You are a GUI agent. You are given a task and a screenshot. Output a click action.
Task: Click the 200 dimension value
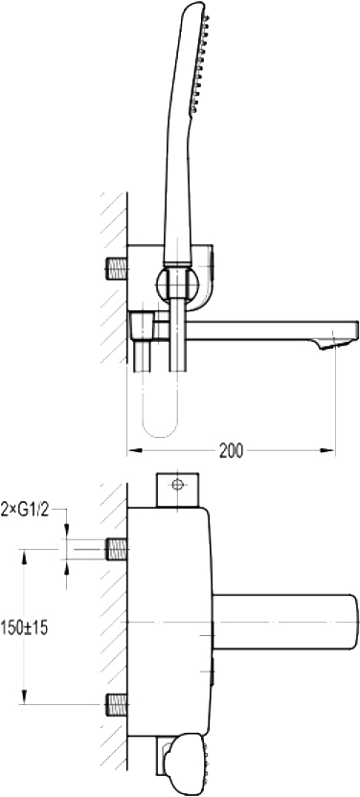(x=231, y=450)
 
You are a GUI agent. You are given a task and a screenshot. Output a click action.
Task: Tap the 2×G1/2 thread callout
(x=26, y=510)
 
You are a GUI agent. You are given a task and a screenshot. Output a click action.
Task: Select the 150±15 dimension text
(x=24, y=627)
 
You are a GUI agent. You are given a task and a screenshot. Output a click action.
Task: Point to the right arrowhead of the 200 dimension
(x=327, y=450)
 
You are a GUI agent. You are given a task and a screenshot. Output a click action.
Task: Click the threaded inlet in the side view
(x=116, y=268)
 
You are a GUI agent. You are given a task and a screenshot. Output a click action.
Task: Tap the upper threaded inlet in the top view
(x=116, y=550)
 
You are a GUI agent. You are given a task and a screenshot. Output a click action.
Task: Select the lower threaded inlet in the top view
(x=116, y=704)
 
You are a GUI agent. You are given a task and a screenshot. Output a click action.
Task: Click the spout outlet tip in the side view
(x=332, y=345)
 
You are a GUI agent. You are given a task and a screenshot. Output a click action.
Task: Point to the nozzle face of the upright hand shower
(x=200, y=63)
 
